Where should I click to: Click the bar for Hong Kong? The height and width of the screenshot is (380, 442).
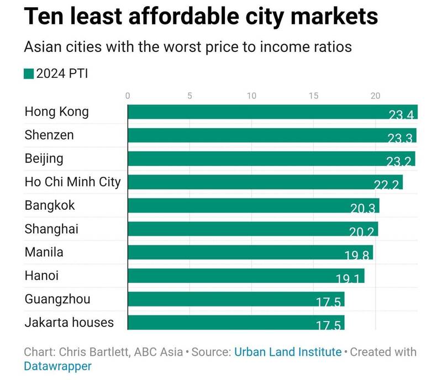click(x=272, y=112)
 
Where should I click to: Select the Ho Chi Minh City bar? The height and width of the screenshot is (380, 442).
click(x=265, y=182)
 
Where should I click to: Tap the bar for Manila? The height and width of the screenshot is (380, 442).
click(x=250, y=252)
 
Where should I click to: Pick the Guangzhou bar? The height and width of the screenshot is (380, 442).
click(x=236, y=299)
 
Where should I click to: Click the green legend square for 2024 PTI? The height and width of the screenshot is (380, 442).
click(x=29, y=74)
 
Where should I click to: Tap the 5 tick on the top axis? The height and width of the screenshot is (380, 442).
click(x=190, y=96)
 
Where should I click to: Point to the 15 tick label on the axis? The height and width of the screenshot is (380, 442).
click(x=314, y=96)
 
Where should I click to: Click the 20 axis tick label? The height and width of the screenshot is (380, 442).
click(x=376, y=96)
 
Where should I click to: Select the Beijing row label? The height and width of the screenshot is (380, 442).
click(x=44, y=159)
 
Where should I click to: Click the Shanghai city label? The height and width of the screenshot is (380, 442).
click(x=51, y=229)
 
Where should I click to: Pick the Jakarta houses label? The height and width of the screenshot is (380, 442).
click(x=69, y=323)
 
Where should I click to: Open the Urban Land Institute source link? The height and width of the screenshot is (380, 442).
click(x=287, y=352)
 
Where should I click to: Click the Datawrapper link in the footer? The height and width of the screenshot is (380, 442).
click(x=57, y=366)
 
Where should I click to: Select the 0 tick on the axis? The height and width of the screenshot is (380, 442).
click(x=128, y=96)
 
